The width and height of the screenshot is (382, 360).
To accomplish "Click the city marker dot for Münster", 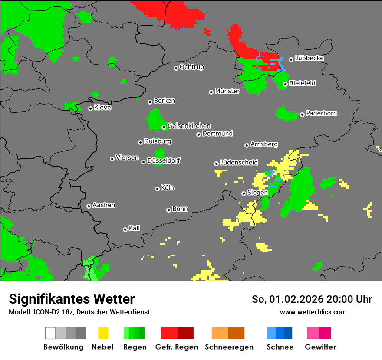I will (x=211, y=92).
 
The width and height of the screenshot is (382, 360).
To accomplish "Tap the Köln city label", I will (x=168, y=188).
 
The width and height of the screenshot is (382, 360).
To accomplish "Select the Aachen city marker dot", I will (x=89, y=206).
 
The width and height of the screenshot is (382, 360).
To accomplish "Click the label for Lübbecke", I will (x=309, y=58).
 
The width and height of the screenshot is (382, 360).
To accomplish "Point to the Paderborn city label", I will (x=321, y=113).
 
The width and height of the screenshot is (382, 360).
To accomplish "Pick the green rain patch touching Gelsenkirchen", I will (x=154, y=119).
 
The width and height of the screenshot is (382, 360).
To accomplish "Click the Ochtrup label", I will (x=191, y=67).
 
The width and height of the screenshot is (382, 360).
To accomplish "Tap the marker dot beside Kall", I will (x=125, y=229).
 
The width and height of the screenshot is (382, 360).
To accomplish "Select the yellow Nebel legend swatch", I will (x=103, y=333).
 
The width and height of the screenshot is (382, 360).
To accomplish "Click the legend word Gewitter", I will (x=320, y=347).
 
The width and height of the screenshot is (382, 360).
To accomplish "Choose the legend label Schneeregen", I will (x=229, y=347).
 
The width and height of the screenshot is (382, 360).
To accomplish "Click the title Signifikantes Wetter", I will (x=72, y=299).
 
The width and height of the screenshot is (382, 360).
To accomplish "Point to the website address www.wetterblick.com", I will (x=313, y=312).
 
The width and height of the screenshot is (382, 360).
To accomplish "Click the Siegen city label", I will (x=257, y=193).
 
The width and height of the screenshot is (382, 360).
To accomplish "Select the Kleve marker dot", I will (x=90, y=108).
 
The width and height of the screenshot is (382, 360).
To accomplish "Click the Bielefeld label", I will (x=302, y=83).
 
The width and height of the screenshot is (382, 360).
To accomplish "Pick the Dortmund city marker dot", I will (x=198, y=134).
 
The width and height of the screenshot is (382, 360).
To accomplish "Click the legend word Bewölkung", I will (x=63, y=347).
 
